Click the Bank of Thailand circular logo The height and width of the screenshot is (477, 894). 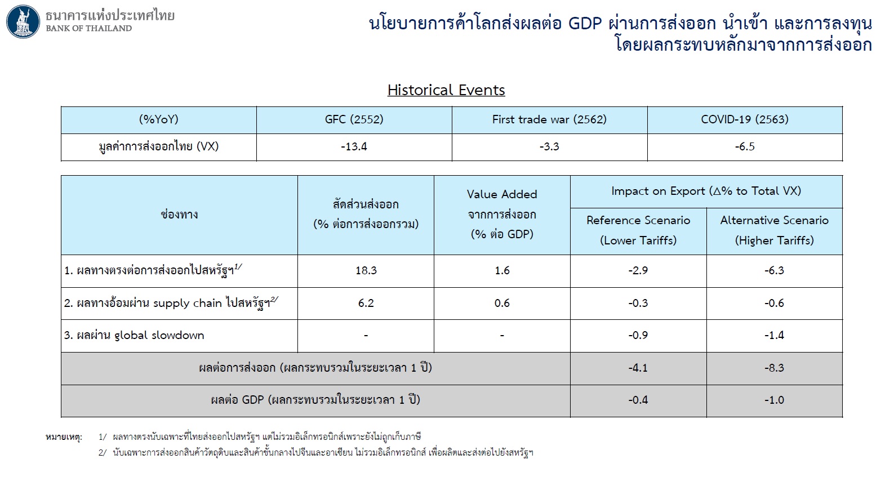pyautogui.click(x=23, y=22)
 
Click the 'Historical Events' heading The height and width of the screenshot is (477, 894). pyautogui.click(x=446, y=90)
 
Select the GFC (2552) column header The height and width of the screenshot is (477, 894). pyautogui.click(x=354, y=119)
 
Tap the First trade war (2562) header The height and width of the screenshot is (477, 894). pyautogui.click(x=549, y=119)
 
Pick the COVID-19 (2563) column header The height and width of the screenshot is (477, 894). pyautogui.click(x=745, y=119)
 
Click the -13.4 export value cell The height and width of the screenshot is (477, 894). pyautogui.click(x=354, y=146)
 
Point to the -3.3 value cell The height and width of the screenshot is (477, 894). pyautogui.click(x=549, y=146)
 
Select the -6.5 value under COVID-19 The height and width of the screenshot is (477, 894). pyautogui.click(x=745, y=146)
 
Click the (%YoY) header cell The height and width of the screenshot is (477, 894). pyautogui.click(x=158, y=119)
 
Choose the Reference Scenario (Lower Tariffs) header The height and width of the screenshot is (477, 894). pyautogui.click(x=638, y=230)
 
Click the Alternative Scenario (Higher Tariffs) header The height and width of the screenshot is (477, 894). pyautogui.click(x=774, y=230)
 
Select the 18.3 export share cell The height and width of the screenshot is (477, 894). pyautogui.click(x=366, y=270)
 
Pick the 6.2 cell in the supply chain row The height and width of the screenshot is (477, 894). pyautogui.click(x=366, y=303)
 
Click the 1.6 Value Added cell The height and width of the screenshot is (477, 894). pyautogui.click(x=502, y=270)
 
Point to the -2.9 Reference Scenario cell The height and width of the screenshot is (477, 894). pyautogui.click(x=638, y=270)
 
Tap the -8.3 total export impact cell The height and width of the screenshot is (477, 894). pyautogui.click(x=774, y=368)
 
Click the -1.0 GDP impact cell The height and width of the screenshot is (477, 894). pyautogui.click(x=774, y=400)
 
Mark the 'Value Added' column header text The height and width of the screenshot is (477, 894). pyautogui.click(x=502, y=194)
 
